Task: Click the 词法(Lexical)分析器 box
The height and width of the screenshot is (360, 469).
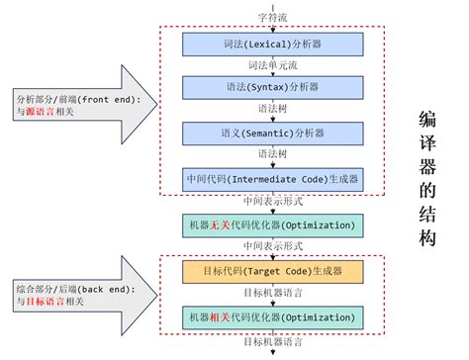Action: point(271,45)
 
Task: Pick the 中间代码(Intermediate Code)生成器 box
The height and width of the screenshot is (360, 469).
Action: point(271,179)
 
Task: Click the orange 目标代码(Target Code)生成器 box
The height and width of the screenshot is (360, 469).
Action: point(271,271)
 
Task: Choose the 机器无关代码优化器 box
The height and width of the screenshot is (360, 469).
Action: point(271,225)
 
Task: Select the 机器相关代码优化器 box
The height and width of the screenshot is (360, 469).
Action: point(271,316)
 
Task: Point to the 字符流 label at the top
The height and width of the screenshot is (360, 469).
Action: point(271,18)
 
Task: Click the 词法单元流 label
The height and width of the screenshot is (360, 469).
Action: point(271,66)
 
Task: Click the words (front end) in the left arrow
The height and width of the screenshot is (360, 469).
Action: point(113,100)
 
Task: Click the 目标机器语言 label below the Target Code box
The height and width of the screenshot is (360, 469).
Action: point(271,293)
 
